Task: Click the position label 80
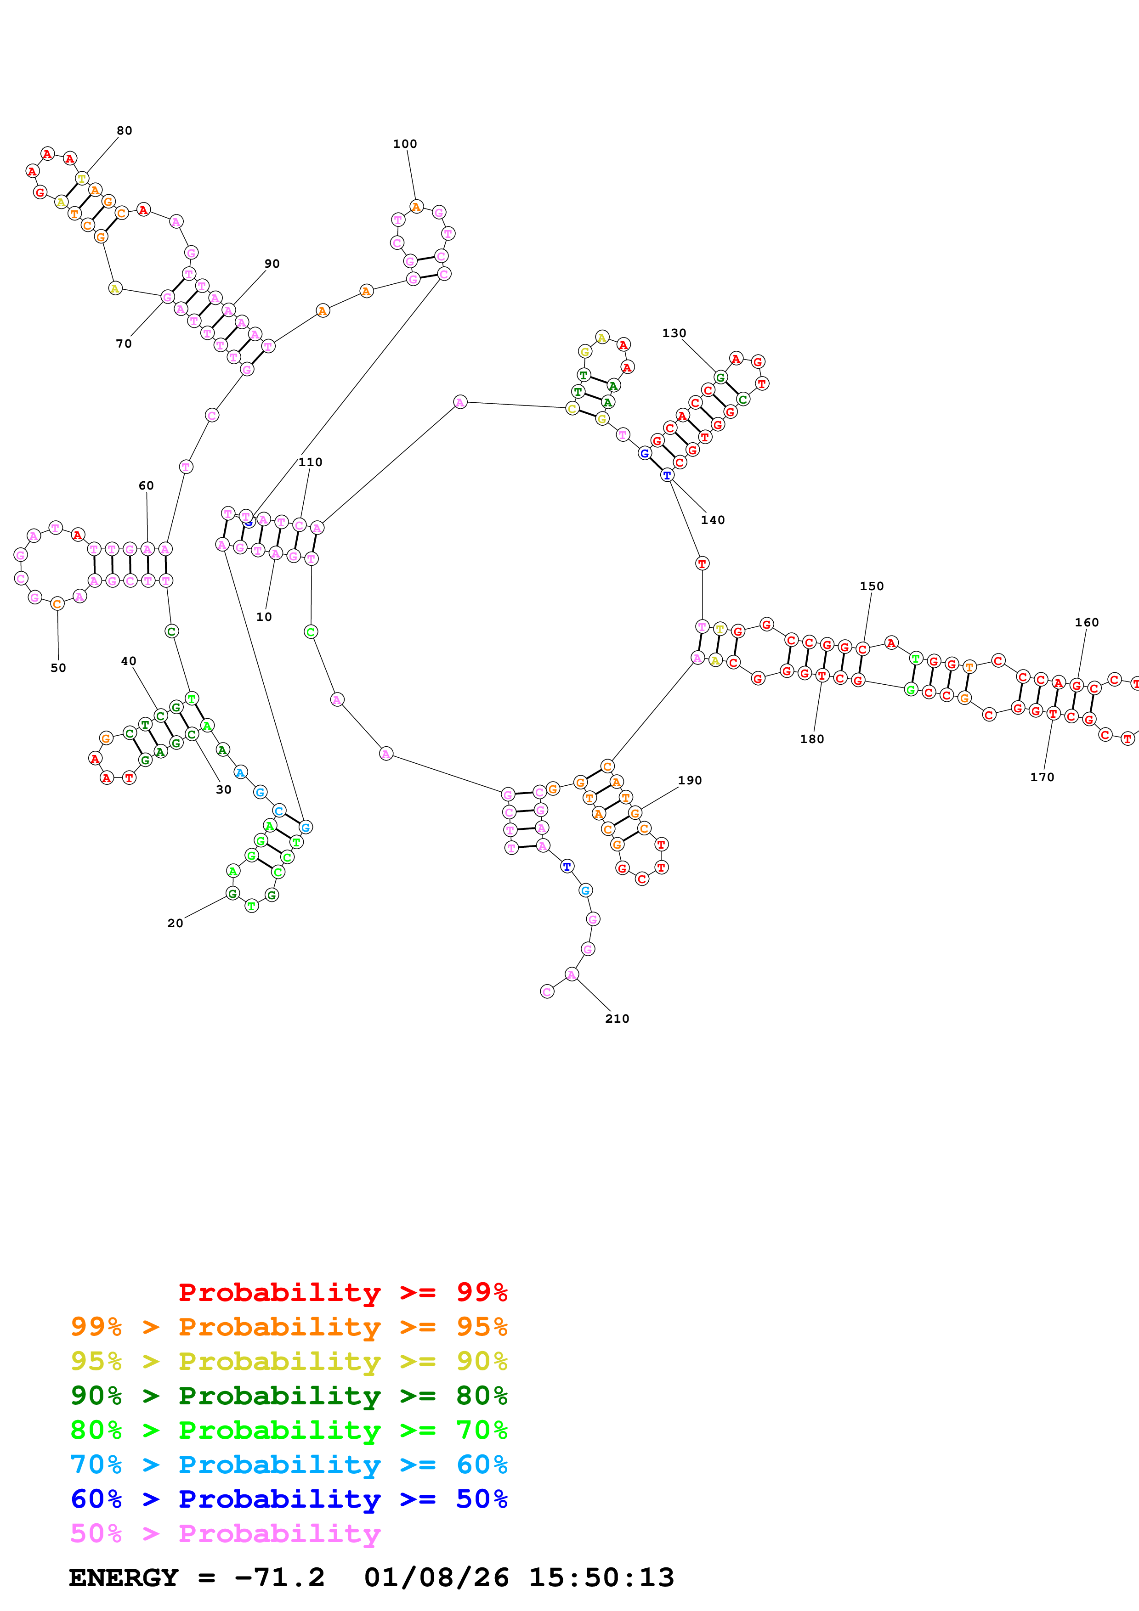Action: (x=124, y=130)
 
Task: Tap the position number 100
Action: (x=405, y=144)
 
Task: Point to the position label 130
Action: (x=674, y=333)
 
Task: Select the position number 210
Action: (x=617, y=1019)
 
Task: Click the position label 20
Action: (x=175, y=924)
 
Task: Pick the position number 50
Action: (x=58, y=668)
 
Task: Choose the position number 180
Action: (x=812, y=739)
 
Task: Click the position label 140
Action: (x=712, y=520)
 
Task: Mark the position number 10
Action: (x=264, y=617)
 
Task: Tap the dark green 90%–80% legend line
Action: (x=289, y=1396)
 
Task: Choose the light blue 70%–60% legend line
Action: (x=289, y=1465)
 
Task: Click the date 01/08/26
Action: (x=436, y=1578)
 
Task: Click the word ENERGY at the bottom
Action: (x=124, y=1578)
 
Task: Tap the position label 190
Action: (x=690, y=780)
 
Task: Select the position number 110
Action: (x=310, y=462)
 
